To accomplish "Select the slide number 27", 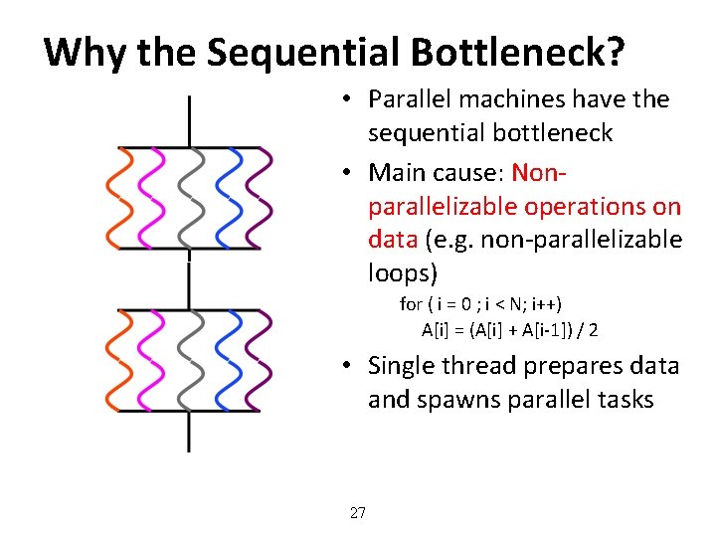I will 358,513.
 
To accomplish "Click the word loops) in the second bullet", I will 403,273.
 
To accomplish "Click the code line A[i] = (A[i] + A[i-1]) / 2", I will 509,329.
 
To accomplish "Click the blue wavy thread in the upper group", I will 234,198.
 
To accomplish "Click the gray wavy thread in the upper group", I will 192,198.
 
